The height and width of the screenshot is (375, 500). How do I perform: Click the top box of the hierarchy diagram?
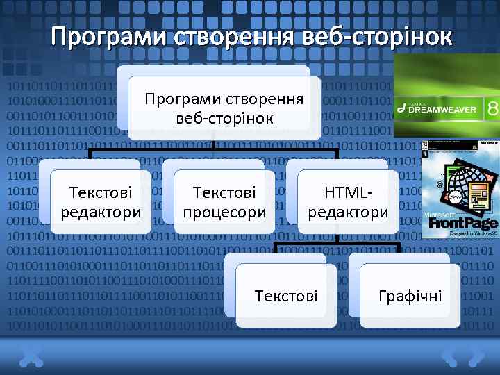point(224,108)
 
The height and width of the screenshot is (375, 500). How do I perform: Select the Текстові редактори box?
point(101,201)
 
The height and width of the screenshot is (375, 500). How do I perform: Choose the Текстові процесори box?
point(224,201)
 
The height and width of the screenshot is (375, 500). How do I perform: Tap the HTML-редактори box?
point(348,201)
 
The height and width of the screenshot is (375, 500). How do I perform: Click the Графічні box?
point(410,297)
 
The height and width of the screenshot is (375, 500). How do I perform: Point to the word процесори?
point(224,212)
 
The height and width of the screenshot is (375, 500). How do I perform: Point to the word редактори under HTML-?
point(348,212)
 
